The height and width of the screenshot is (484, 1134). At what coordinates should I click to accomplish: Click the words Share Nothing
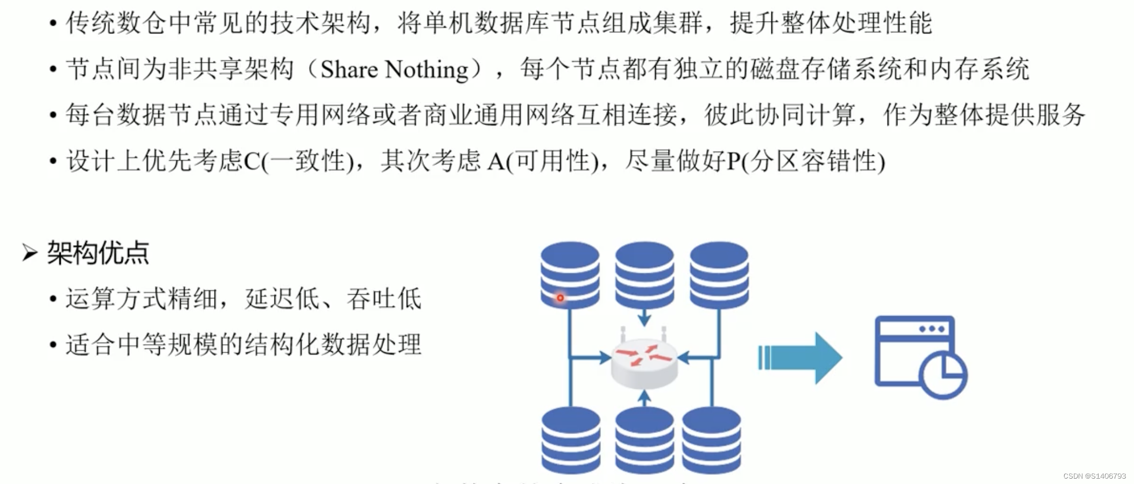coord(394,70)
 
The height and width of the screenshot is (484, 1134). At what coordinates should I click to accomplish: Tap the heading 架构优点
coord(97,253)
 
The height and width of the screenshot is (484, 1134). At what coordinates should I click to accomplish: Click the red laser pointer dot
coord(560,297)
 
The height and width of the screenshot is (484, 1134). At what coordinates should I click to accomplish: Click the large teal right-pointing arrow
coord(800,358)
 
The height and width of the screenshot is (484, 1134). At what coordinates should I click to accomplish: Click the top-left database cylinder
coord(570,274)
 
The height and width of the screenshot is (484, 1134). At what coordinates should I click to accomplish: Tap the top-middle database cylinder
coord(644,274)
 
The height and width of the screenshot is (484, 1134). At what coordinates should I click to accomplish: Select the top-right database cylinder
coord(719,274)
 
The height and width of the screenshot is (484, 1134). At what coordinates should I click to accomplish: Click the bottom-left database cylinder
coord(571,440)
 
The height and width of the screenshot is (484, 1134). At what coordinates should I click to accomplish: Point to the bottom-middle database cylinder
coord(644,440)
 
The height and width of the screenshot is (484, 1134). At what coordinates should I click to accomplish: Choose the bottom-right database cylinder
coord(711,440)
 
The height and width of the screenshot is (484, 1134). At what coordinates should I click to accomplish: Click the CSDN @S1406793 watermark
coord(1094,476)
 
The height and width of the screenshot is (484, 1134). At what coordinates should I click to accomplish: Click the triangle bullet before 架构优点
coord(30,252)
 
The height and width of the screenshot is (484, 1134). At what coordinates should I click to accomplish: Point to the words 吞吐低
coord(384,299)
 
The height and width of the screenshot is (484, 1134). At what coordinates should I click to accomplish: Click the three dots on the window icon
coord(932,329)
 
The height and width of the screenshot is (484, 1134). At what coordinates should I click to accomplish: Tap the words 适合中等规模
coord(141,345)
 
